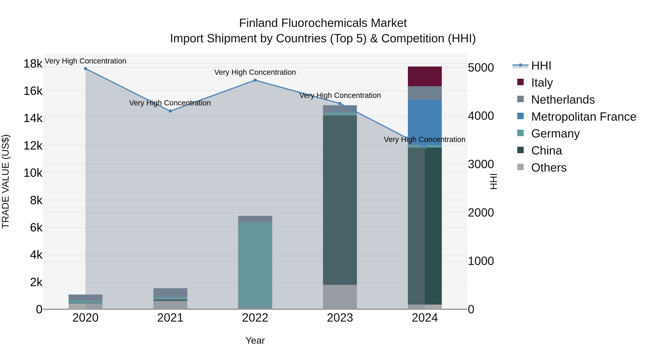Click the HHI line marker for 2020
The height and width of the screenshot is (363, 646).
pos(86,69)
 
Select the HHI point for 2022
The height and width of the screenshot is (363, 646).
pos(255,80)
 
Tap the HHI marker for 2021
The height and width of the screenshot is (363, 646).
pos(170,111)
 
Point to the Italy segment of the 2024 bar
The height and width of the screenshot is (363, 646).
pos(425,76)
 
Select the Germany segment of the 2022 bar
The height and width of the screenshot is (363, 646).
pos(255,265)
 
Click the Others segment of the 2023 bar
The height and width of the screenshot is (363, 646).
pos(340,297)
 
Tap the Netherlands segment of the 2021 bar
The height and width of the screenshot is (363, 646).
pos(170,293)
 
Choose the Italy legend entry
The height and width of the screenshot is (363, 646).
pos(542,83)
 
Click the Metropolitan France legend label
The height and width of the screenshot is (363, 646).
pos(584,117)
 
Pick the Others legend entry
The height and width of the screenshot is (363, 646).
pos(549,168)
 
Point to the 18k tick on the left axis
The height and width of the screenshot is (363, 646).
pos(33,64)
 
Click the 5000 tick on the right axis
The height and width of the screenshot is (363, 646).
pos(481,68)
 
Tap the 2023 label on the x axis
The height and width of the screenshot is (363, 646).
pos(340,318)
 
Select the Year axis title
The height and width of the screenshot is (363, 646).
pos(255,340)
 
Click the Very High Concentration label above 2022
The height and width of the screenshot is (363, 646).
pos(255,72)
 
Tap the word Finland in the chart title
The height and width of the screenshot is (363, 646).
pos(259,23)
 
